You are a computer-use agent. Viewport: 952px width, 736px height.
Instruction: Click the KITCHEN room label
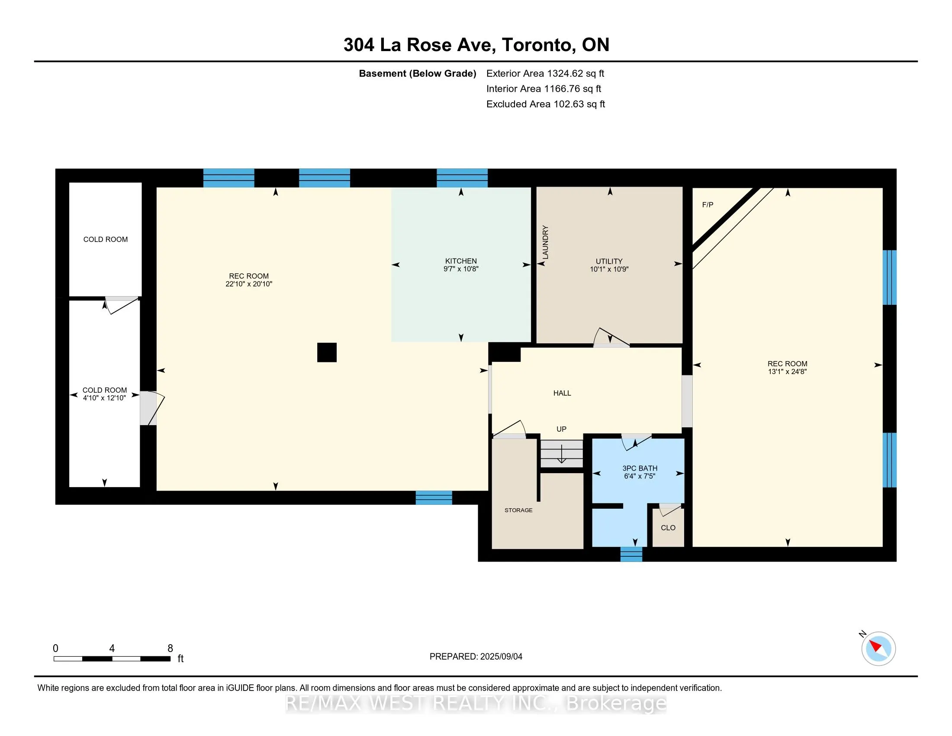(x=461, y=261)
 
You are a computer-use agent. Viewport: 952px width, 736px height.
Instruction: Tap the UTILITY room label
(x=609, y=261)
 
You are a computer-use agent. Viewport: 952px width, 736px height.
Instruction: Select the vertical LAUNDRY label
(x=545, y=242)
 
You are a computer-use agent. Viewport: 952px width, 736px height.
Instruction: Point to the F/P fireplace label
(x=708, y=204)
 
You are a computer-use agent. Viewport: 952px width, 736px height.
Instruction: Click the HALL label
(x=562, y=393)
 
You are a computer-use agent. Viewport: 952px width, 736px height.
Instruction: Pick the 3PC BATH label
(x=640, y=468)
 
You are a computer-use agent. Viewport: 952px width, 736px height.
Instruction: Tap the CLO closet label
(x=668, y=528)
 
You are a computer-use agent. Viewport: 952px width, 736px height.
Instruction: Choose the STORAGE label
(x=518, y=510)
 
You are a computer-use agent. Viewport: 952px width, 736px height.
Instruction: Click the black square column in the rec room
(x=327, y=352)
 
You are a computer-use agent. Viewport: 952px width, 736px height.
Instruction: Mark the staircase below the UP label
(x=561, y=453)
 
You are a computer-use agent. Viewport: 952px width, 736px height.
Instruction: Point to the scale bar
(x=112, y=659)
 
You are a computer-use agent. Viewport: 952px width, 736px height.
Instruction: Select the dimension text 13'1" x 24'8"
(x=787, y=371)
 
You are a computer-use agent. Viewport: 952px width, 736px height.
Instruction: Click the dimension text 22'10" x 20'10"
(x=249, y=284)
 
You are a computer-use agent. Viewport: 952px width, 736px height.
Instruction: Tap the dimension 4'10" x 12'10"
(x=105, y=397)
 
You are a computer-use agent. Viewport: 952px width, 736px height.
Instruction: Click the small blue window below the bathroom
(x=631, y=554)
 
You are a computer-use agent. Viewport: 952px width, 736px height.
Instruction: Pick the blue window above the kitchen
(x=462, y=178)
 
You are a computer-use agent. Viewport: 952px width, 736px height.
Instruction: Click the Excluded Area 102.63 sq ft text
(x=546, y=104)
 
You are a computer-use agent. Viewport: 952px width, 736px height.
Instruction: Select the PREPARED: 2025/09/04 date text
(x=476, y=656)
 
